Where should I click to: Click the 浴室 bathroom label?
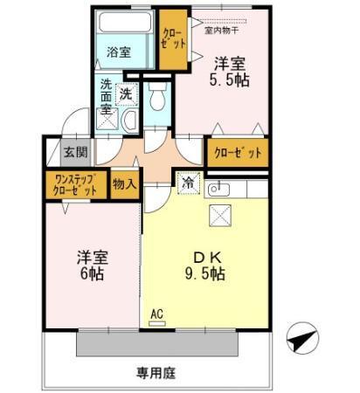pos(118,52)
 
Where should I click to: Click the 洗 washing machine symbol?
pos(127,93)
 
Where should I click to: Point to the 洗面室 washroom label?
pos(106,96)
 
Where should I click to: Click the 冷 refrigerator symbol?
pos(188,183)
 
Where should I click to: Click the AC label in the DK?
pos(157,313)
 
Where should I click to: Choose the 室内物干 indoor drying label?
pos(222,30)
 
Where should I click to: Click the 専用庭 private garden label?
pos(156,373)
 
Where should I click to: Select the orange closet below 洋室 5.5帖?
pos(237,153)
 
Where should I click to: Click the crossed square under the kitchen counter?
pos(219,215)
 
